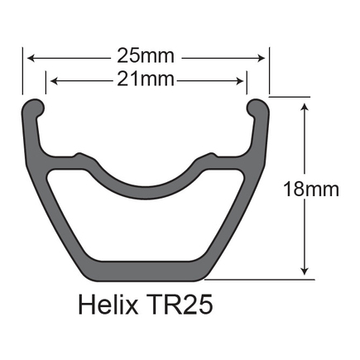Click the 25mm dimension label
click(146, 56)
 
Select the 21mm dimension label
click(146, 79)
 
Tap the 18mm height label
click(311, 190)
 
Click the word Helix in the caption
click(108, 305)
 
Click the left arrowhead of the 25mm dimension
click(31, 58)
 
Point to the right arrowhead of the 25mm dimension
click(262, 58)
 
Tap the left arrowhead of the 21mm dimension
click(54, 81)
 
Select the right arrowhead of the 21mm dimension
click(239, 81)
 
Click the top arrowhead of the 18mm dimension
click(305, 107)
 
